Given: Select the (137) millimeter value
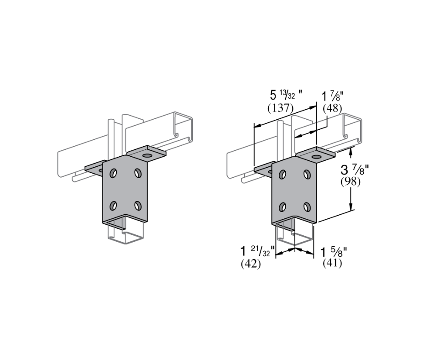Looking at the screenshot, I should (280, 108).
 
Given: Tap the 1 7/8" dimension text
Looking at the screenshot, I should (333, 97).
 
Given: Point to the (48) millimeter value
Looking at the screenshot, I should (332, 108).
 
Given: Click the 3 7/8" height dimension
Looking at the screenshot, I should (355, 170).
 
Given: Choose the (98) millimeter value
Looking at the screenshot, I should (351, 181).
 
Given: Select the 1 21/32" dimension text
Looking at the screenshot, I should (257, 252).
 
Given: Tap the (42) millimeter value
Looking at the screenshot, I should (251, 264).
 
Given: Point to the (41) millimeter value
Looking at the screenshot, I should (332, 264).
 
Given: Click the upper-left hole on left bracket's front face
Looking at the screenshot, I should (113, 174).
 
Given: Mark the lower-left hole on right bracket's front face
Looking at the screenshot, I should (283, 206).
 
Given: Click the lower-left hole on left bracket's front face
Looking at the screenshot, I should (113, 206).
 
